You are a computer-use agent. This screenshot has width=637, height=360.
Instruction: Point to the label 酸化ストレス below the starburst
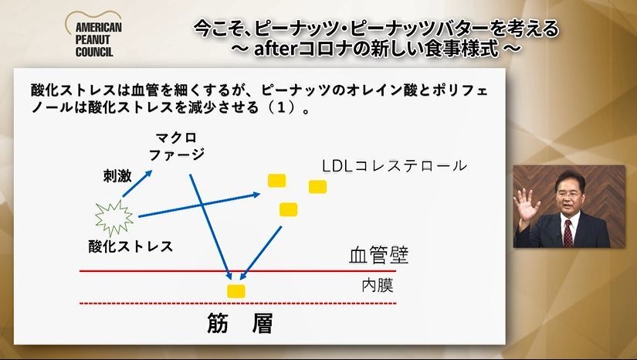(x=130, y=246)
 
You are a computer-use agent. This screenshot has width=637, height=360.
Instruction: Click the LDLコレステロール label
(x=395, y=166)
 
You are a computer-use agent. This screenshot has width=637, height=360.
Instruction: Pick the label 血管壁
(x=378, y=255)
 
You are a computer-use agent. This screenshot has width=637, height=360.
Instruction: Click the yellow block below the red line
(x=235, y=290)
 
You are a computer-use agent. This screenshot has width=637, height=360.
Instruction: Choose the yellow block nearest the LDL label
(x=317, y=186)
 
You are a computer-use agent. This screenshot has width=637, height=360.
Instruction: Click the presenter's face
(x=569, y=199)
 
